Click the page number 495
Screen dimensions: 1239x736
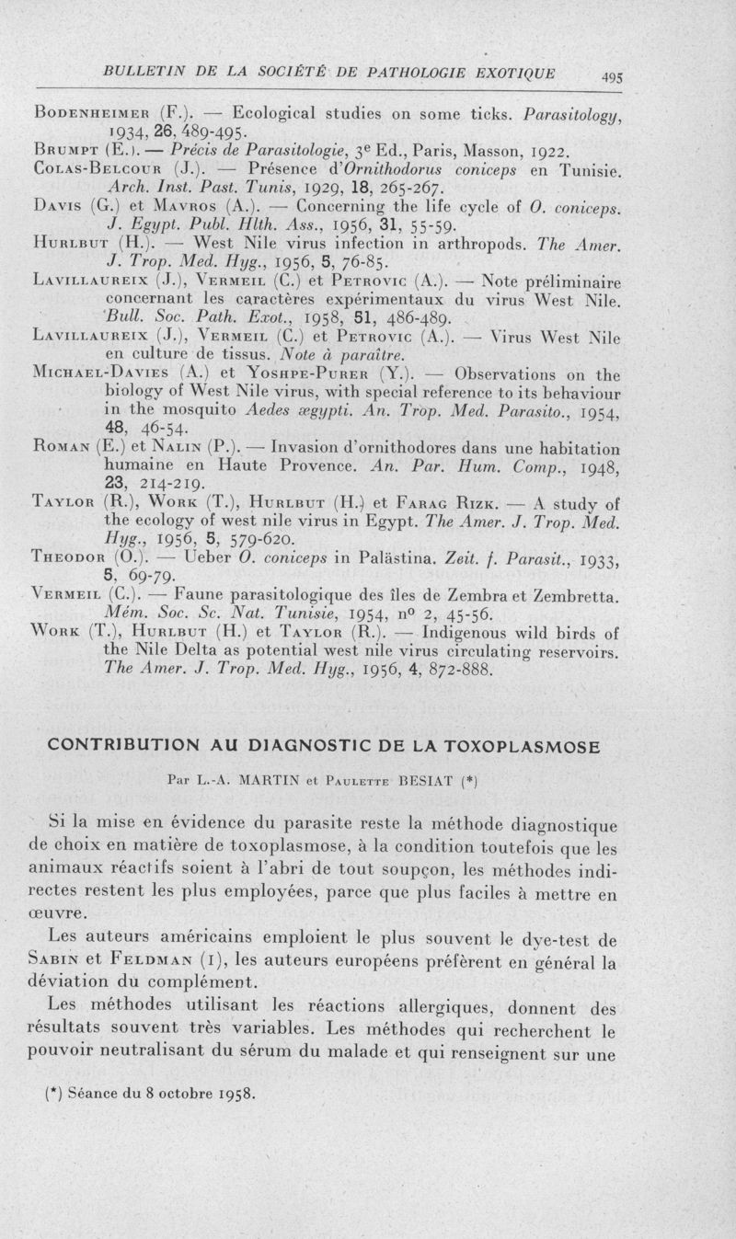(x=608, y=79)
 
